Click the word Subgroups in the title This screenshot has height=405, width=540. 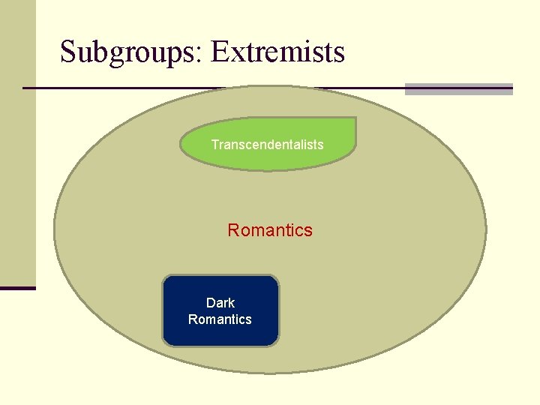128,52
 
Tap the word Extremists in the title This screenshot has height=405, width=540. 277,52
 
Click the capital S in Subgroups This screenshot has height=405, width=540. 68,52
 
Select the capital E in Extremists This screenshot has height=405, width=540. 219,52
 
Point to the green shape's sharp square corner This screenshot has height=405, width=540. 354,119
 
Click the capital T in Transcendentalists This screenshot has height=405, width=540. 214,144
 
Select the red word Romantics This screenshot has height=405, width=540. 270,230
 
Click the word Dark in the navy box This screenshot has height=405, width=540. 220,303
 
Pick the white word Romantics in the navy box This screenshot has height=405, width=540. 220,319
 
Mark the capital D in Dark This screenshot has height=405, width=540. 211,303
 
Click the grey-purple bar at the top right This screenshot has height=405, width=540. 458,88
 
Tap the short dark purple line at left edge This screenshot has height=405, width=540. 17,288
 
